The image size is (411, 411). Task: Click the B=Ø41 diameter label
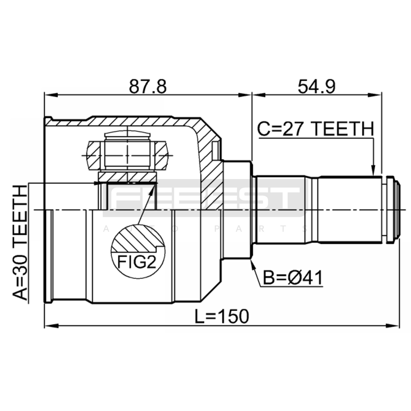293,278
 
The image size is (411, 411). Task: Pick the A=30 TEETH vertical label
20,242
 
